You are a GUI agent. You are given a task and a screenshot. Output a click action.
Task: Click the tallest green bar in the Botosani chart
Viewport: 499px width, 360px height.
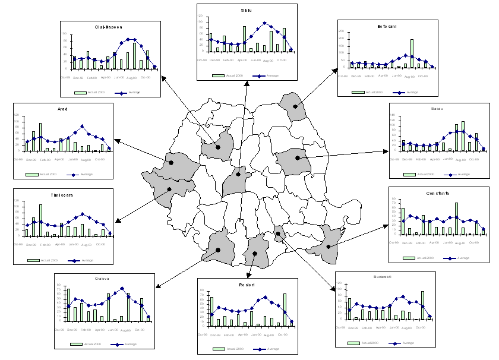coord(412,53)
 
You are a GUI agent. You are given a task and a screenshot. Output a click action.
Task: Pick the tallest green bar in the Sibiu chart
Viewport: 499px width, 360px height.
coord(244,39)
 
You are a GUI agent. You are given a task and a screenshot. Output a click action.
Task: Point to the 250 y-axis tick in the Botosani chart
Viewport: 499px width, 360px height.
coord(343,30)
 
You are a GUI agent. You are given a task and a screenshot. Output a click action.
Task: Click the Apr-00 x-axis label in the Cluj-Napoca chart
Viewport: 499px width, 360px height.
coord(106,77)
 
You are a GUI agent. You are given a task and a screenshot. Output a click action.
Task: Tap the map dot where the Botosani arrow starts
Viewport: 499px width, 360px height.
coord(295,106)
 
